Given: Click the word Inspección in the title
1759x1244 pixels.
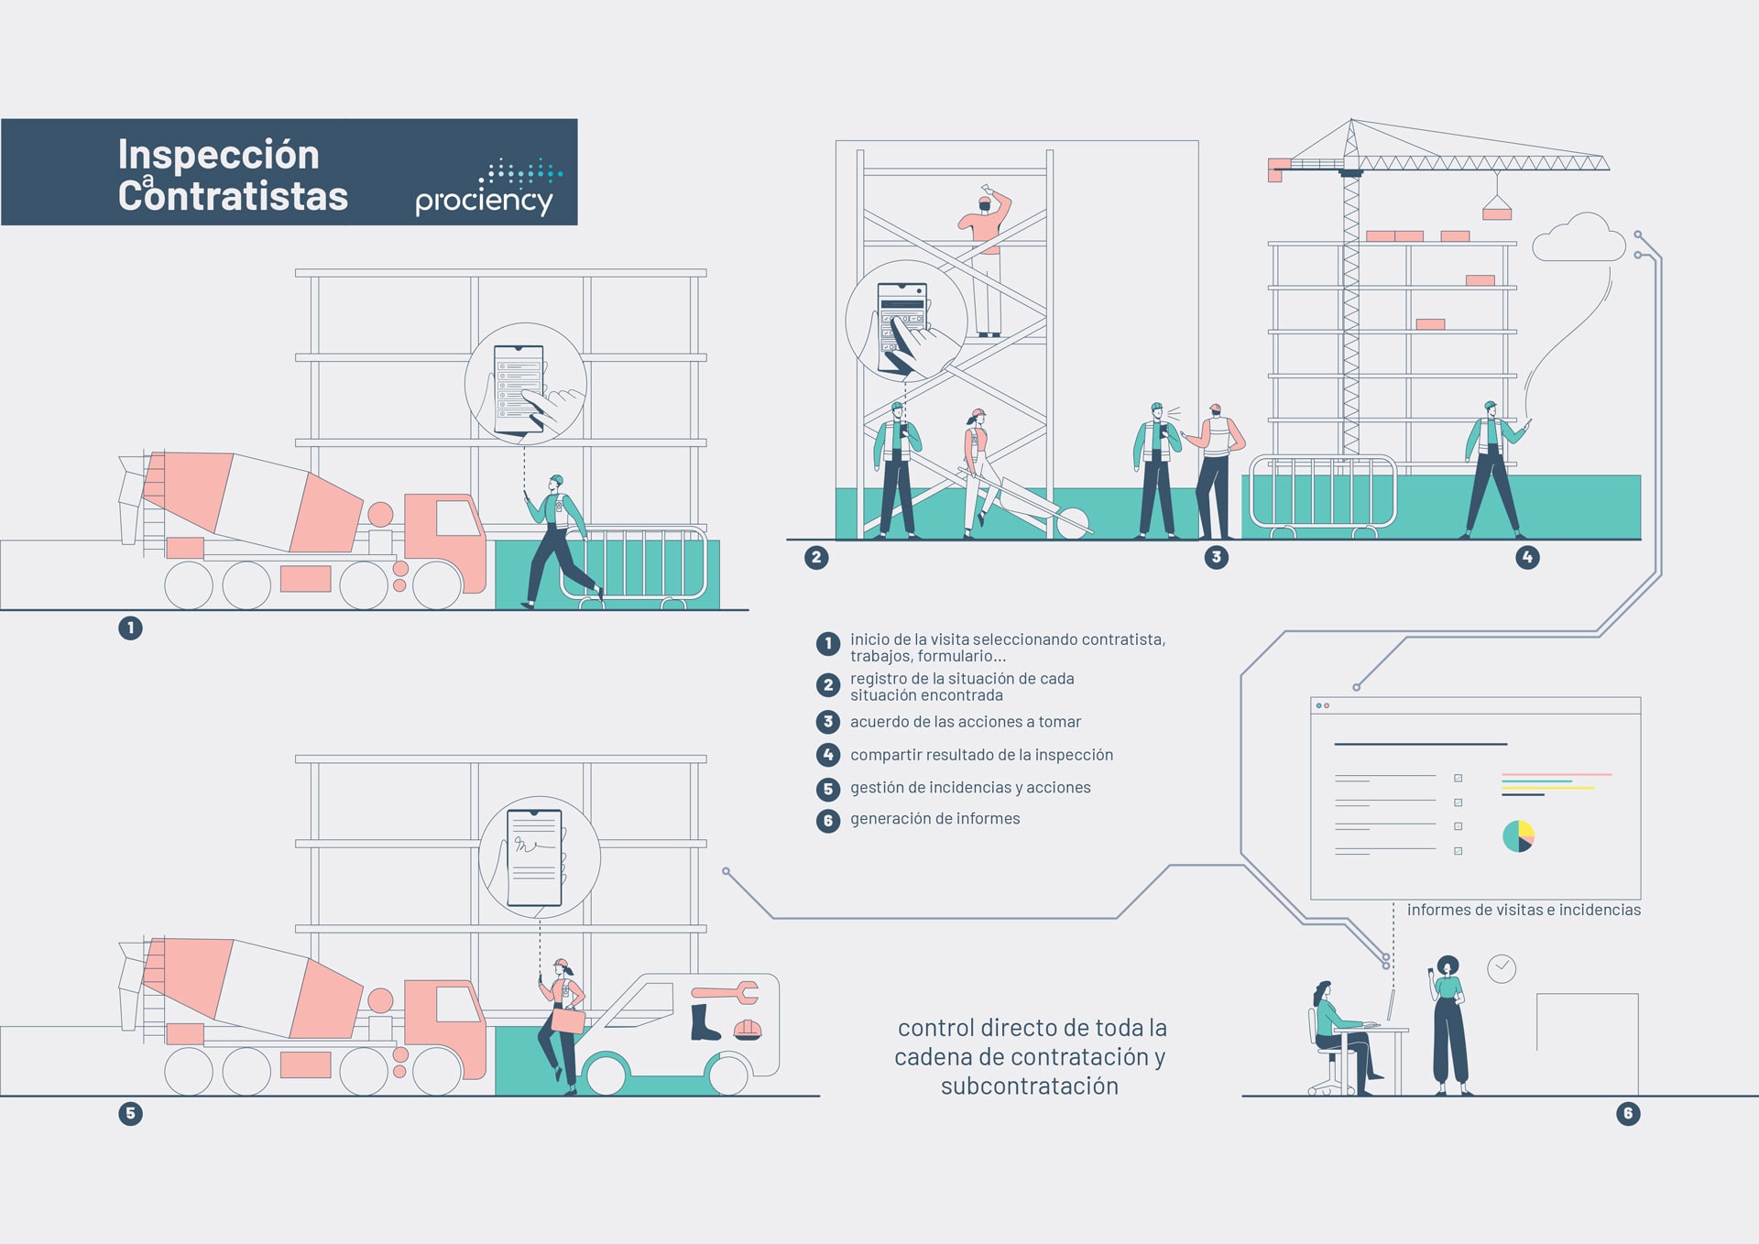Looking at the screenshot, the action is coord(219,154).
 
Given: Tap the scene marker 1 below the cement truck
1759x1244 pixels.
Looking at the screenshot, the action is coord(130,627).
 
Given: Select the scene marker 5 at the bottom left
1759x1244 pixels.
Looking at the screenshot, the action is coord(130,1113).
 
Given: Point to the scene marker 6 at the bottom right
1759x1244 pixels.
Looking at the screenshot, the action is coord(1628,1113).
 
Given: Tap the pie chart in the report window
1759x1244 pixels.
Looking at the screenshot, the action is coord(1518,836).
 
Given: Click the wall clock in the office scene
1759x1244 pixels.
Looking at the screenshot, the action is coord(1502,968).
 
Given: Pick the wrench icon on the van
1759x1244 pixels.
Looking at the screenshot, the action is coord(726,992).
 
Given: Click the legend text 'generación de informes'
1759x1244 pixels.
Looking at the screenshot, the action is coord(934,819).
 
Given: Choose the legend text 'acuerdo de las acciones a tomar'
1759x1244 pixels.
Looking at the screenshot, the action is coord(966,722).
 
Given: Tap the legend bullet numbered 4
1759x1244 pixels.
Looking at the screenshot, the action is coord(828,755).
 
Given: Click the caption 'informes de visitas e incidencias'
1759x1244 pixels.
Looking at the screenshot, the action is coord(1524,910).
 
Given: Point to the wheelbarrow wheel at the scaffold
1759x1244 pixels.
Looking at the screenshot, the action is coord(1073,523).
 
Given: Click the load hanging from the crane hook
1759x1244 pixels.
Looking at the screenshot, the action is coord(1497,209).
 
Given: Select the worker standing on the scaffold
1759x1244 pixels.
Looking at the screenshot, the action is coord(986,260).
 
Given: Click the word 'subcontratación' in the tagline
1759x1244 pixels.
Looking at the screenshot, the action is coord(1030,1086).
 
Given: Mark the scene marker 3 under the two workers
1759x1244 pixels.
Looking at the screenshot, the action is coord(1216,557).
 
